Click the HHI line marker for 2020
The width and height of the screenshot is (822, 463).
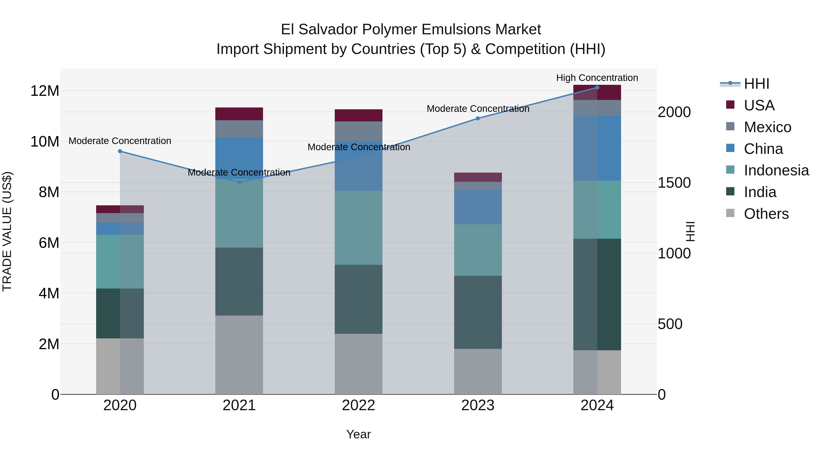pyautogui.click(x=120, y=151)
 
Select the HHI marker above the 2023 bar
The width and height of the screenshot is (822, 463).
pyautogui.click(x=478, y=118)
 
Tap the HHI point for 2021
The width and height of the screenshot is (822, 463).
pyautogui.click(x=239, y=182)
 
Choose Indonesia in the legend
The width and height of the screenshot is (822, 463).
pyautogui.click(x=776, y=170)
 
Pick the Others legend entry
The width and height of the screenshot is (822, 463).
pyautogui.click(x=766, y=214)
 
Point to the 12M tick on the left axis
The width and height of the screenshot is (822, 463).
pyautogui.click(x=45, y=91)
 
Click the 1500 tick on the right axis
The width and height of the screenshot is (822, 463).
pyautogui.click(x=674, y=183)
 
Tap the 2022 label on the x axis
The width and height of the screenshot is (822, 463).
pyautogui.click(x=358, y=405)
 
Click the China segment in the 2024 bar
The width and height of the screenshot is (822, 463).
pyautogui.click(x=597, y=148)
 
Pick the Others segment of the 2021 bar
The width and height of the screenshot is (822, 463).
pyautogui.click(x=239, y=355)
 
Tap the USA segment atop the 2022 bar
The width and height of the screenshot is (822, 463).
pyautogui.click(x=358, y=115)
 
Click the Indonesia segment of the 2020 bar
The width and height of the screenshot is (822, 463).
pyautogui.click(x=120, y=262)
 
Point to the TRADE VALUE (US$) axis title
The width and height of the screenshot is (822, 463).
pyautogui.click(x=7, y=231)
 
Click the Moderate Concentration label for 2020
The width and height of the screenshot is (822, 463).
pyautogui.click(x=120, y=141)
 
